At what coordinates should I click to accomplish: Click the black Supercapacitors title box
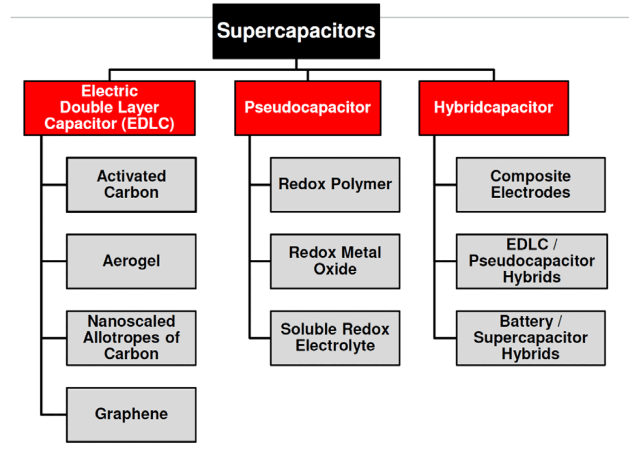click(x=296, y=31)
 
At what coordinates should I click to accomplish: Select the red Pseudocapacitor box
click(x=307, y=108)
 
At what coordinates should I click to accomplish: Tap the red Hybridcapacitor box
click(x=493, y=108)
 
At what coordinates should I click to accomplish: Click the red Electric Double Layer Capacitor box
click(x=109, y=108)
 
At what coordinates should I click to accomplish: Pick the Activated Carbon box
click(x=131, y=184)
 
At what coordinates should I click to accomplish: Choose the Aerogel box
click(x=131, y=261)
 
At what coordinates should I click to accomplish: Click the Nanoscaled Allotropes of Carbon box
click(x=131, y=338)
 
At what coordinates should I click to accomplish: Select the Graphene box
click(x=131, y=414)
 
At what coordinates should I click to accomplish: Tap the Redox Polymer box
click(x=335, y=184)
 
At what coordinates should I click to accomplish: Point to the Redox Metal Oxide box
click(x=335, y=261)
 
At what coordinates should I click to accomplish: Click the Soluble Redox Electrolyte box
click(x=335, y=338)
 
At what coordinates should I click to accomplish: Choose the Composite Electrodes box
click(x=530, y=184)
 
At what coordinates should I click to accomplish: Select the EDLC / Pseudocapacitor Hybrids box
click(x=531, y=261)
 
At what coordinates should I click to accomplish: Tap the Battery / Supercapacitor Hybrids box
click(x=530, y=338)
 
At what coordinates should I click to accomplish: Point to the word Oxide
click(x=335, y=269)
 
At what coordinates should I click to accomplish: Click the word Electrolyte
click(x=335, y=346)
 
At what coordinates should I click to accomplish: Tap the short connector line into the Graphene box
click(x=54, y=414)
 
